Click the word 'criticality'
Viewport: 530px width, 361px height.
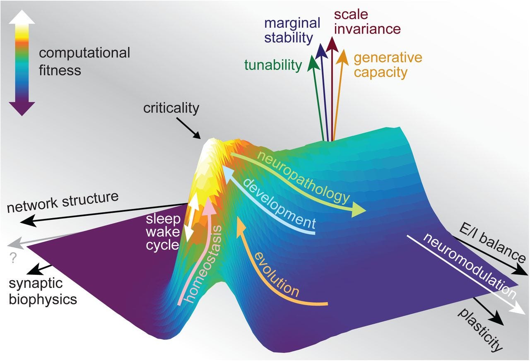coord(171,108)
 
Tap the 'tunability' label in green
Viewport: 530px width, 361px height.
coord(273,65)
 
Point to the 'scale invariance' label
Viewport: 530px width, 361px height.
coord(367,22)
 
